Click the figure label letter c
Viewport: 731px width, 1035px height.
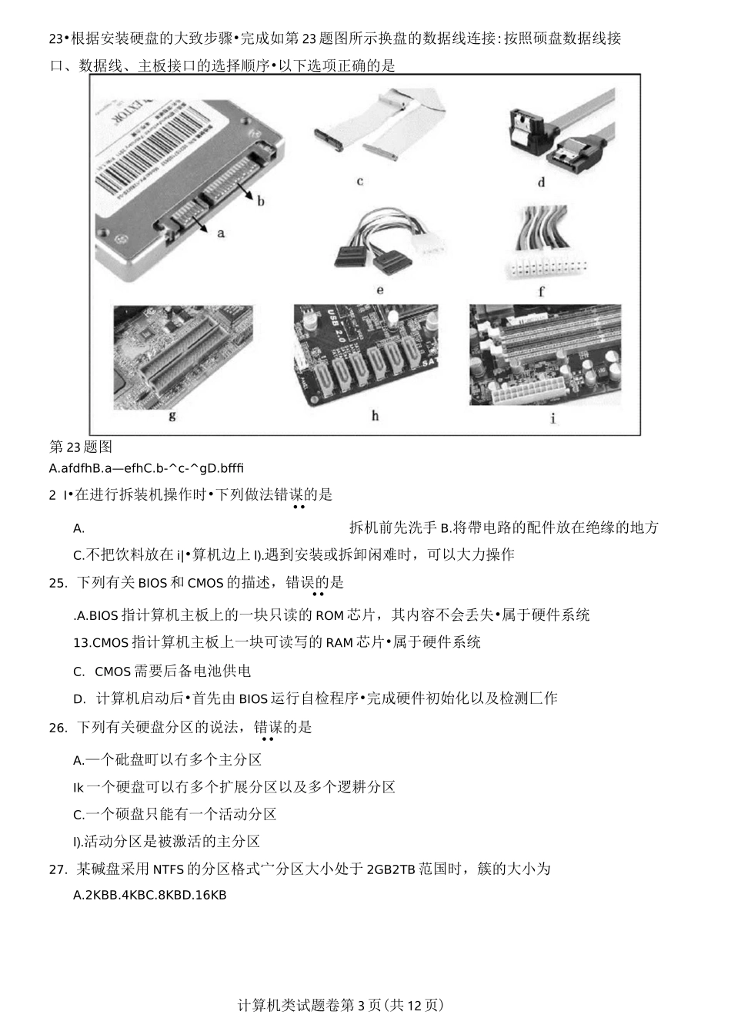point(359,182)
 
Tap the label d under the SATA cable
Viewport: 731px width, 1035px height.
point(541,183)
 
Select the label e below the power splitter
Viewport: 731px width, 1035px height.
point(379,291)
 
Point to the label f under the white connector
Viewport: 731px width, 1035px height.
point(541,292)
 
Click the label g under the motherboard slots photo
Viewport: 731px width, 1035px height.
point(172,416)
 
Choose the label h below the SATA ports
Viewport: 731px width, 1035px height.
point(375,416)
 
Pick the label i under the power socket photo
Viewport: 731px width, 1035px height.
point(552,418)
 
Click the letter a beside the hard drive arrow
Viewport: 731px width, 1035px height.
point(221,232)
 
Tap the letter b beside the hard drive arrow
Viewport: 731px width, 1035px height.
point(261,201)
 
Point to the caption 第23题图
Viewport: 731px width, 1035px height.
point(81,447)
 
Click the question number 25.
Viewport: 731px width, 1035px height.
point(58,583)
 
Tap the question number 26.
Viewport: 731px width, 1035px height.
point(58,728)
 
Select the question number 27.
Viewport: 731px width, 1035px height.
point(58,870)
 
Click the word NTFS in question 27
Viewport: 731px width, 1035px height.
point(169,870)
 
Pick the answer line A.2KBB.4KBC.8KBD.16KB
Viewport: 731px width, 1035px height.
point(149,895)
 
